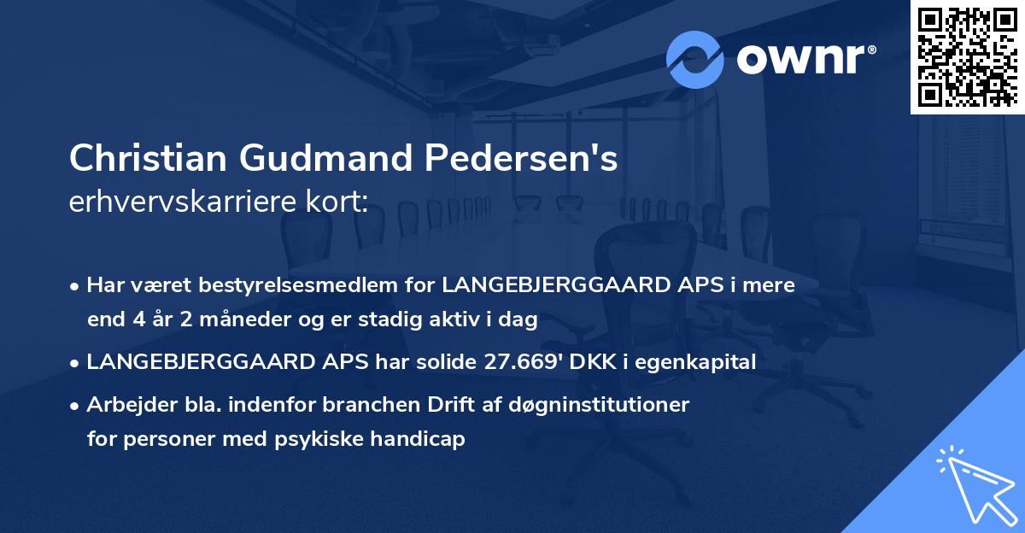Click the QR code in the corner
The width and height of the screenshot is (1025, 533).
point(968,56)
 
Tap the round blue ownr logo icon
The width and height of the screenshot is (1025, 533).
point(695,60)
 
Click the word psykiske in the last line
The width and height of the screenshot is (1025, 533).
point(327,439)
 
